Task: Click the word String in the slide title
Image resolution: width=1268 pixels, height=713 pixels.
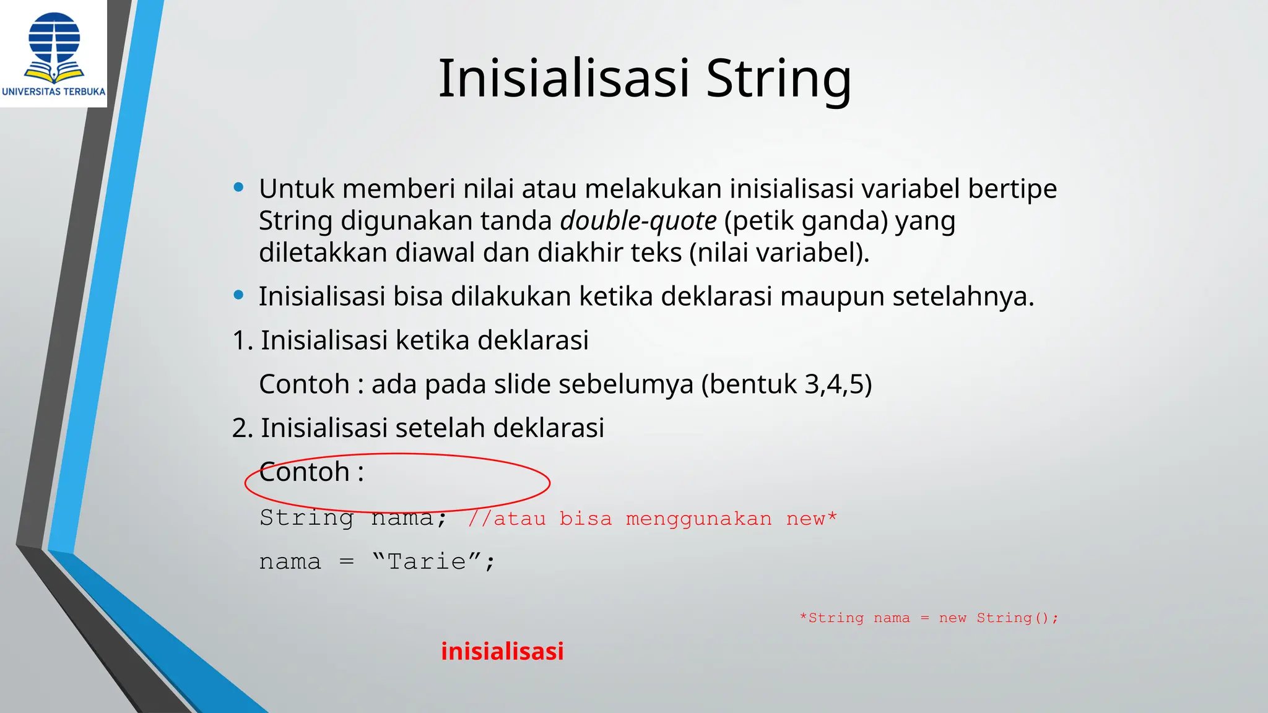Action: tap(778, 79)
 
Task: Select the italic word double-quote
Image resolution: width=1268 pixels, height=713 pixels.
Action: tap(638, 221)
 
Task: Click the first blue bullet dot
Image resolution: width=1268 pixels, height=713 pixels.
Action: tap(238, 188)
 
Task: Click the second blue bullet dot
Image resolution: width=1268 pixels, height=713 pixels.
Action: tap(238, 295)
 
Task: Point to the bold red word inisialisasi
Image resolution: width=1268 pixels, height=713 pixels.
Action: tap(502, 651)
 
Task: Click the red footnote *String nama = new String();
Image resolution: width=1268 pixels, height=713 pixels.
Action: tap(929, 618)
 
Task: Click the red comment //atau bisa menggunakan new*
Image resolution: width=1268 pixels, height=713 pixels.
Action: tap(652, 518)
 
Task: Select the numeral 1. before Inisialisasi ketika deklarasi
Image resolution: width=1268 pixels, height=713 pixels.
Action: tap(242, 340)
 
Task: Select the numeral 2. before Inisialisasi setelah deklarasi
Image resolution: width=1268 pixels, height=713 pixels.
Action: tap(242, 428)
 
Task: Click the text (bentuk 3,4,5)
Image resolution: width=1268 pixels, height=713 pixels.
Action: tap(786, 384)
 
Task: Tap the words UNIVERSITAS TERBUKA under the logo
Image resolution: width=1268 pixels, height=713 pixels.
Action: tap(54, 92)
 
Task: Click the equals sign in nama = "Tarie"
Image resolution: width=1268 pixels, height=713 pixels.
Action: tap(347, 562)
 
